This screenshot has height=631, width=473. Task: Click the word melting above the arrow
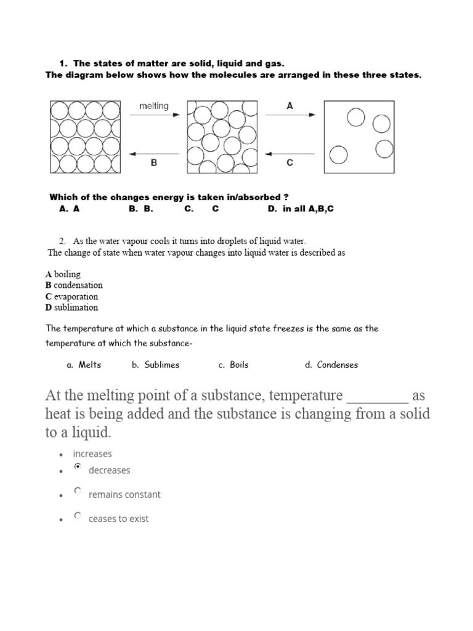coord(153,106)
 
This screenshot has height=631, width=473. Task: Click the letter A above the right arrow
coord(290,106)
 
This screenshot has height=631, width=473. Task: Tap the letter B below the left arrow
coord(154,163)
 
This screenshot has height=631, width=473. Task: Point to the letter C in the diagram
coord(290,163)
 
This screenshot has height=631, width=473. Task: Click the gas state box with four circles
coord(360,137)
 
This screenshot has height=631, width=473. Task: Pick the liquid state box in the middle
coord(222,137)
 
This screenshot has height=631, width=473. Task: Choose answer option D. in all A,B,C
coord(301,209)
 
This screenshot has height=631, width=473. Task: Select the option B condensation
coord(74,285)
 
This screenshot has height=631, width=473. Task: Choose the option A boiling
coord(63,274)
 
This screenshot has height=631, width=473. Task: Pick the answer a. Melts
coord(84,365)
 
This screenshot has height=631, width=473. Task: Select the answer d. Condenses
coord(331,365)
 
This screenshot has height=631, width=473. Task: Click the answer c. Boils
coord(233,365)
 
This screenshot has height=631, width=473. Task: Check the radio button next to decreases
coord(77,467)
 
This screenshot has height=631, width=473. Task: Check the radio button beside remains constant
coord(77,491)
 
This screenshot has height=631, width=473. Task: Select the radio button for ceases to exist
coord(77,516)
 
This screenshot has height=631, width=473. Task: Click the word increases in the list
coord(92,454)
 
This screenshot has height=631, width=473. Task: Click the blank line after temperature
coord(377,396)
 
